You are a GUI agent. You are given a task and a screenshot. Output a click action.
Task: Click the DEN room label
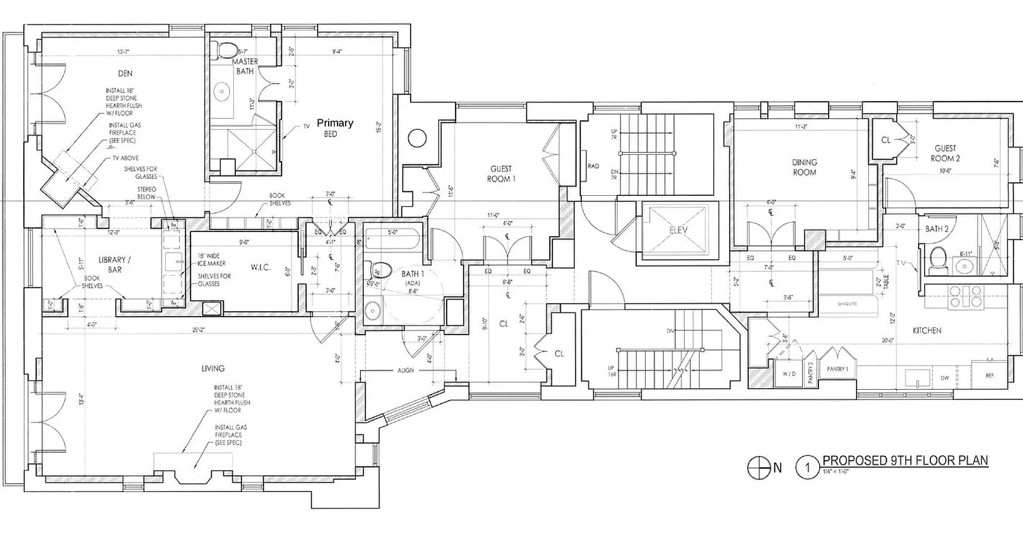click(123, 73)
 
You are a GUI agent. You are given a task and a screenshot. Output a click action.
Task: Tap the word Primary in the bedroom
click(334, 123)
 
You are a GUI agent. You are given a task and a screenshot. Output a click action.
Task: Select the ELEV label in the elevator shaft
click(677, 230)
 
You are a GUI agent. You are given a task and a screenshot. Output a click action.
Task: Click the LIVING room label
click(213, 369)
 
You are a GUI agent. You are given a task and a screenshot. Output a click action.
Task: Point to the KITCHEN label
click(927, 330)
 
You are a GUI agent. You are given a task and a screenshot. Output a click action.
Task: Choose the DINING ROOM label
click(804, 167)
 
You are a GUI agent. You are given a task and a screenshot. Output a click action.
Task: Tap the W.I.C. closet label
click(261, 267)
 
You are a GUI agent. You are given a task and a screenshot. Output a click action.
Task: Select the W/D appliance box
click(788, 373)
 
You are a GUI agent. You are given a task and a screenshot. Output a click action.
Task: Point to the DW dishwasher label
click(945, 377)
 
